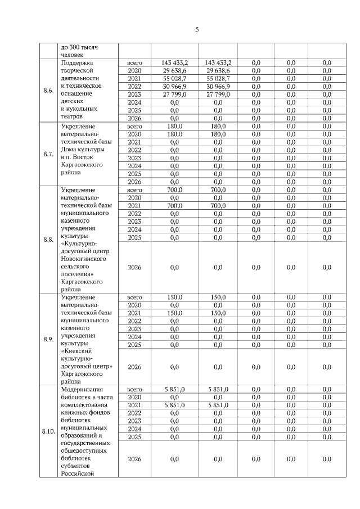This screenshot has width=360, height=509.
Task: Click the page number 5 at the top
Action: tap(197, 30)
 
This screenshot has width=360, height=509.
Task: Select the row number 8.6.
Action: tap(48, 91)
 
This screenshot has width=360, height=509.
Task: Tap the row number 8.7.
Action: tap(48, 155)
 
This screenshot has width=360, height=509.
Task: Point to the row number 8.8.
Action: tap(48, 239)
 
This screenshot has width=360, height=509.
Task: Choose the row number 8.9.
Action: tap(48, 339)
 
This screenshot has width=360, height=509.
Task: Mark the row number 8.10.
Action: tap(48, 431)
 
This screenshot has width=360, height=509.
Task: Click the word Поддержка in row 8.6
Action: tap(77, 63)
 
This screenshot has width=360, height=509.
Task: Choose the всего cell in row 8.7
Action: tap(134, 127)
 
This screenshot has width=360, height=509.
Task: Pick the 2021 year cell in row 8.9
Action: tap(134, 313)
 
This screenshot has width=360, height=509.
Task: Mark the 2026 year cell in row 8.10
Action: tap(134, 460)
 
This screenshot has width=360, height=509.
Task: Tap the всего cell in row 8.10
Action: tap(134, 389)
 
